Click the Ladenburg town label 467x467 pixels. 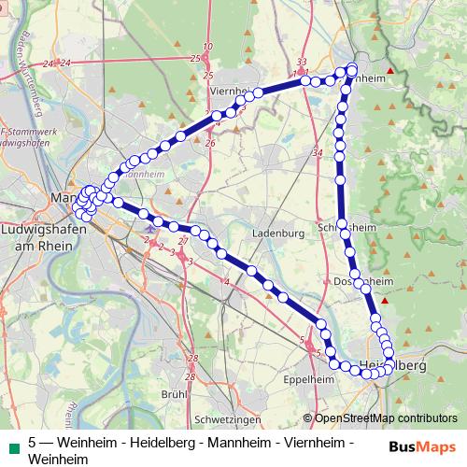coord(279,233)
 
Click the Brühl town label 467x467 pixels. coord(175,394)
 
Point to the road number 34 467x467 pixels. coord(318,152)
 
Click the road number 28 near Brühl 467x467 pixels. coord(192,359)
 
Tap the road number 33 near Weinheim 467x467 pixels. coord(302,62)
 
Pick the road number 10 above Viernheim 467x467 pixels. coord(207,46)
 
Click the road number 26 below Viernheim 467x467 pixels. coord(210,143)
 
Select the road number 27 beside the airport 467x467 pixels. coord(183,241)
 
